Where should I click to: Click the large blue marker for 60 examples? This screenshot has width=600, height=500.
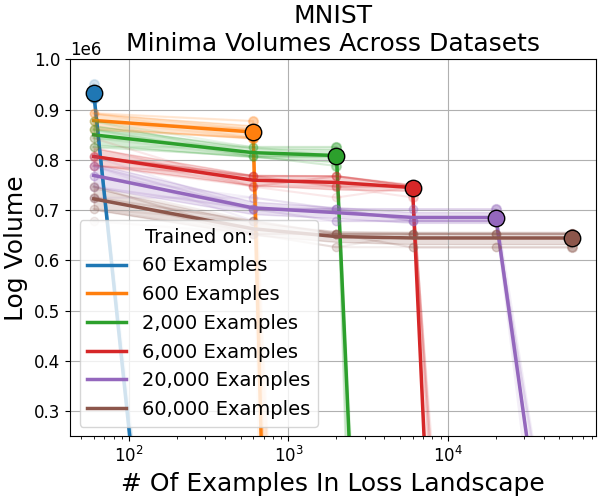pos(94,93)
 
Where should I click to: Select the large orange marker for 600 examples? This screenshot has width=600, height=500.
pos(253,132)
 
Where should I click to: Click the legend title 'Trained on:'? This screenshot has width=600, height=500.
pos(196,237)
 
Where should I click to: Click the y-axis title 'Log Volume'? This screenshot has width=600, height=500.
pos(16,247)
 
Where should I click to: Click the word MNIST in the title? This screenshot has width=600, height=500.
pos(332,16)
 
